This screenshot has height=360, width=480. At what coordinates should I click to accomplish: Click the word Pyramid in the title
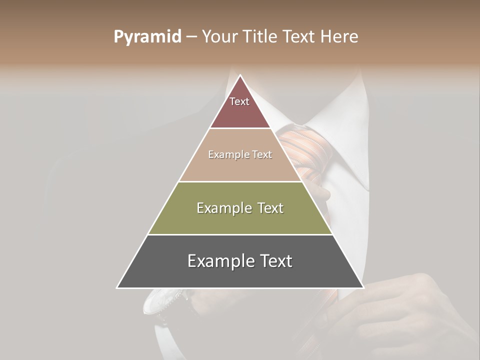[x=147, y=37]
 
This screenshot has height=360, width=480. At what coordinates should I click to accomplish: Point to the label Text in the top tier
[x=239, y=101]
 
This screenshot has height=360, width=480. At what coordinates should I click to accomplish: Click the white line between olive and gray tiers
[x=240, y=234]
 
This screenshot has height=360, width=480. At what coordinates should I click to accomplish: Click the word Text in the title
[x=300, y=37]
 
